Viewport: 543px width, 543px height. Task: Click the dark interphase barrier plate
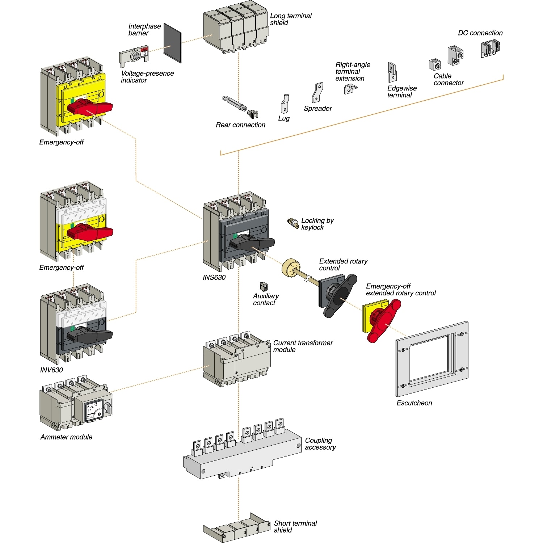click(x=172, y=43)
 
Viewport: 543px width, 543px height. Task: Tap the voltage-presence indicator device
click(x=134, y=56)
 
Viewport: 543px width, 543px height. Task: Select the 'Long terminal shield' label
click(x=290, y=19)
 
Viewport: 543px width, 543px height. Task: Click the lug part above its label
click(x=285, y=104)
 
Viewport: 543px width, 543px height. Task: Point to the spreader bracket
click(x=317, y=92)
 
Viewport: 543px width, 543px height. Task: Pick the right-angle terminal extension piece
click(x=350, y=89)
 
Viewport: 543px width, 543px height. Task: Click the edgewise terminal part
click(x=392, y=72)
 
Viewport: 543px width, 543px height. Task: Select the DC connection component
click(x=490, y=49)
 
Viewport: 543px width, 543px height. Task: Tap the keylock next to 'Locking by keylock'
click(x=293, y=223)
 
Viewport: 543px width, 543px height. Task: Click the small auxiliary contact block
click(x=264, y=287)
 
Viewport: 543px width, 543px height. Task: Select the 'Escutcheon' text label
click(x=414, y=403)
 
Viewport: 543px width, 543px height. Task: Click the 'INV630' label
click(x=51, y=370)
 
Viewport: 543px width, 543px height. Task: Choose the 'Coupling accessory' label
click(x=320, y=444)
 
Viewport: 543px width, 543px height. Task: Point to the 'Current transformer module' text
click(x=303, y=346)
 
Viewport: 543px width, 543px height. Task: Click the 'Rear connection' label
click(x=240, y=125)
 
